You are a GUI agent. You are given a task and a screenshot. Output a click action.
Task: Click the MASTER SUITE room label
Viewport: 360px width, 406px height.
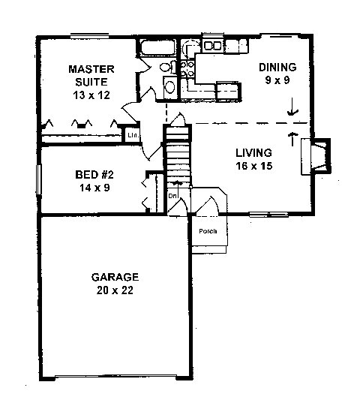click(x=91, y=76)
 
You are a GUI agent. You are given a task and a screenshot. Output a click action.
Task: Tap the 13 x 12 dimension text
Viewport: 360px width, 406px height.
click(x=91, y=95)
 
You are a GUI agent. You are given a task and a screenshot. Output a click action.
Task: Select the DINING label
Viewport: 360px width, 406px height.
click(x=277, y=68)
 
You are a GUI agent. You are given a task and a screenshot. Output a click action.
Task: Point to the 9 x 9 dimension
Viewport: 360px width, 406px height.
click(x=277, y=80)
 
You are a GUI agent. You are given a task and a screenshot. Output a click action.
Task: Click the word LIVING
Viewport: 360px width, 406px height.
click(x=253, y=153)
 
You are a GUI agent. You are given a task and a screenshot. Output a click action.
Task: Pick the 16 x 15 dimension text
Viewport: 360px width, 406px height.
click(x=254, y=166)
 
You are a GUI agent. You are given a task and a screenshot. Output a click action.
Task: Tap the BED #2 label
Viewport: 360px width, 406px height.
click(x=94, y=175)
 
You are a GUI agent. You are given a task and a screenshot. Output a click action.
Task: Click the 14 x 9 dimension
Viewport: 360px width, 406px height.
click(x=94, y=188)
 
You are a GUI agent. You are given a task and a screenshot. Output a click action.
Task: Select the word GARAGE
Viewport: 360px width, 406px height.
click(x=115, y=277)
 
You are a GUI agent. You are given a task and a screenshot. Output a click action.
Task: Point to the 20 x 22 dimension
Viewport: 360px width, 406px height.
click(x=115, y=290)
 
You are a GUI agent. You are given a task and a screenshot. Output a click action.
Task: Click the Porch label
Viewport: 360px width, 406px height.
click(x=208, y=231)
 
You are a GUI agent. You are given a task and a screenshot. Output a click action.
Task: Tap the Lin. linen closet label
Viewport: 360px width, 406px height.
click(x=133, y=135)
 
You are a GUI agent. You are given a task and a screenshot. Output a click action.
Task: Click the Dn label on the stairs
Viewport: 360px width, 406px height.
click(x=172, y=196)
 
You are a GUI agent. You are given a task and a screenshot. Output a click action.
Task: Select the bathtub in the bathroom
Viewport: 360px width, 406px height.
click(x=157, y=47)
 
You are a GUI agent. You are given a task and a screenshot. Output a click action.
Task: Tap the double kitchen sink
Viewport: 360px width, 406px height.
click(x=213, y=46)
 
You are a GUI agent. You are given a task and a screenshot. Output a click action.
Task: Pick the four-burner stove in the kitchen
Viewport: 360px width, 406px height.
click(x=187, y=69)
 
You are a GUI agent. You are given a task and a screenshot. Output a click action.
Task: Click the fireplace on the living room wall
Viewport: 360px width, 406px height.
click(x=316, y=156)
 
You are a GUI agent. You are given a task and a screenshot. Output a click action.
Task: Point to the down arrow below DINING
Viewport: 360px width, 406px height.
click(x=292, y=107)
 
